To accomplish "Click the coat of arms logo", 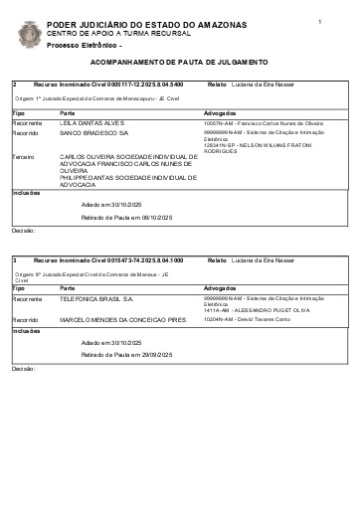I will (30, 34).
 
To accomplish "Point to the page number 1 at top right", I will (320, 21).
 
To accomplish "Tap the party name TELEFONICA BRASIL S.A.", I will (97, 297).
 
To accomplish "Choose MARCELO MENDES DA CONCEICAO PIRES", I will (122, 320).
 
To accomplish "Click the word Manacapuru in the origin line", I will (127, 99).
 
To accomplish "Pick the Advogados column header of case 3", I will (220, 286).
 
